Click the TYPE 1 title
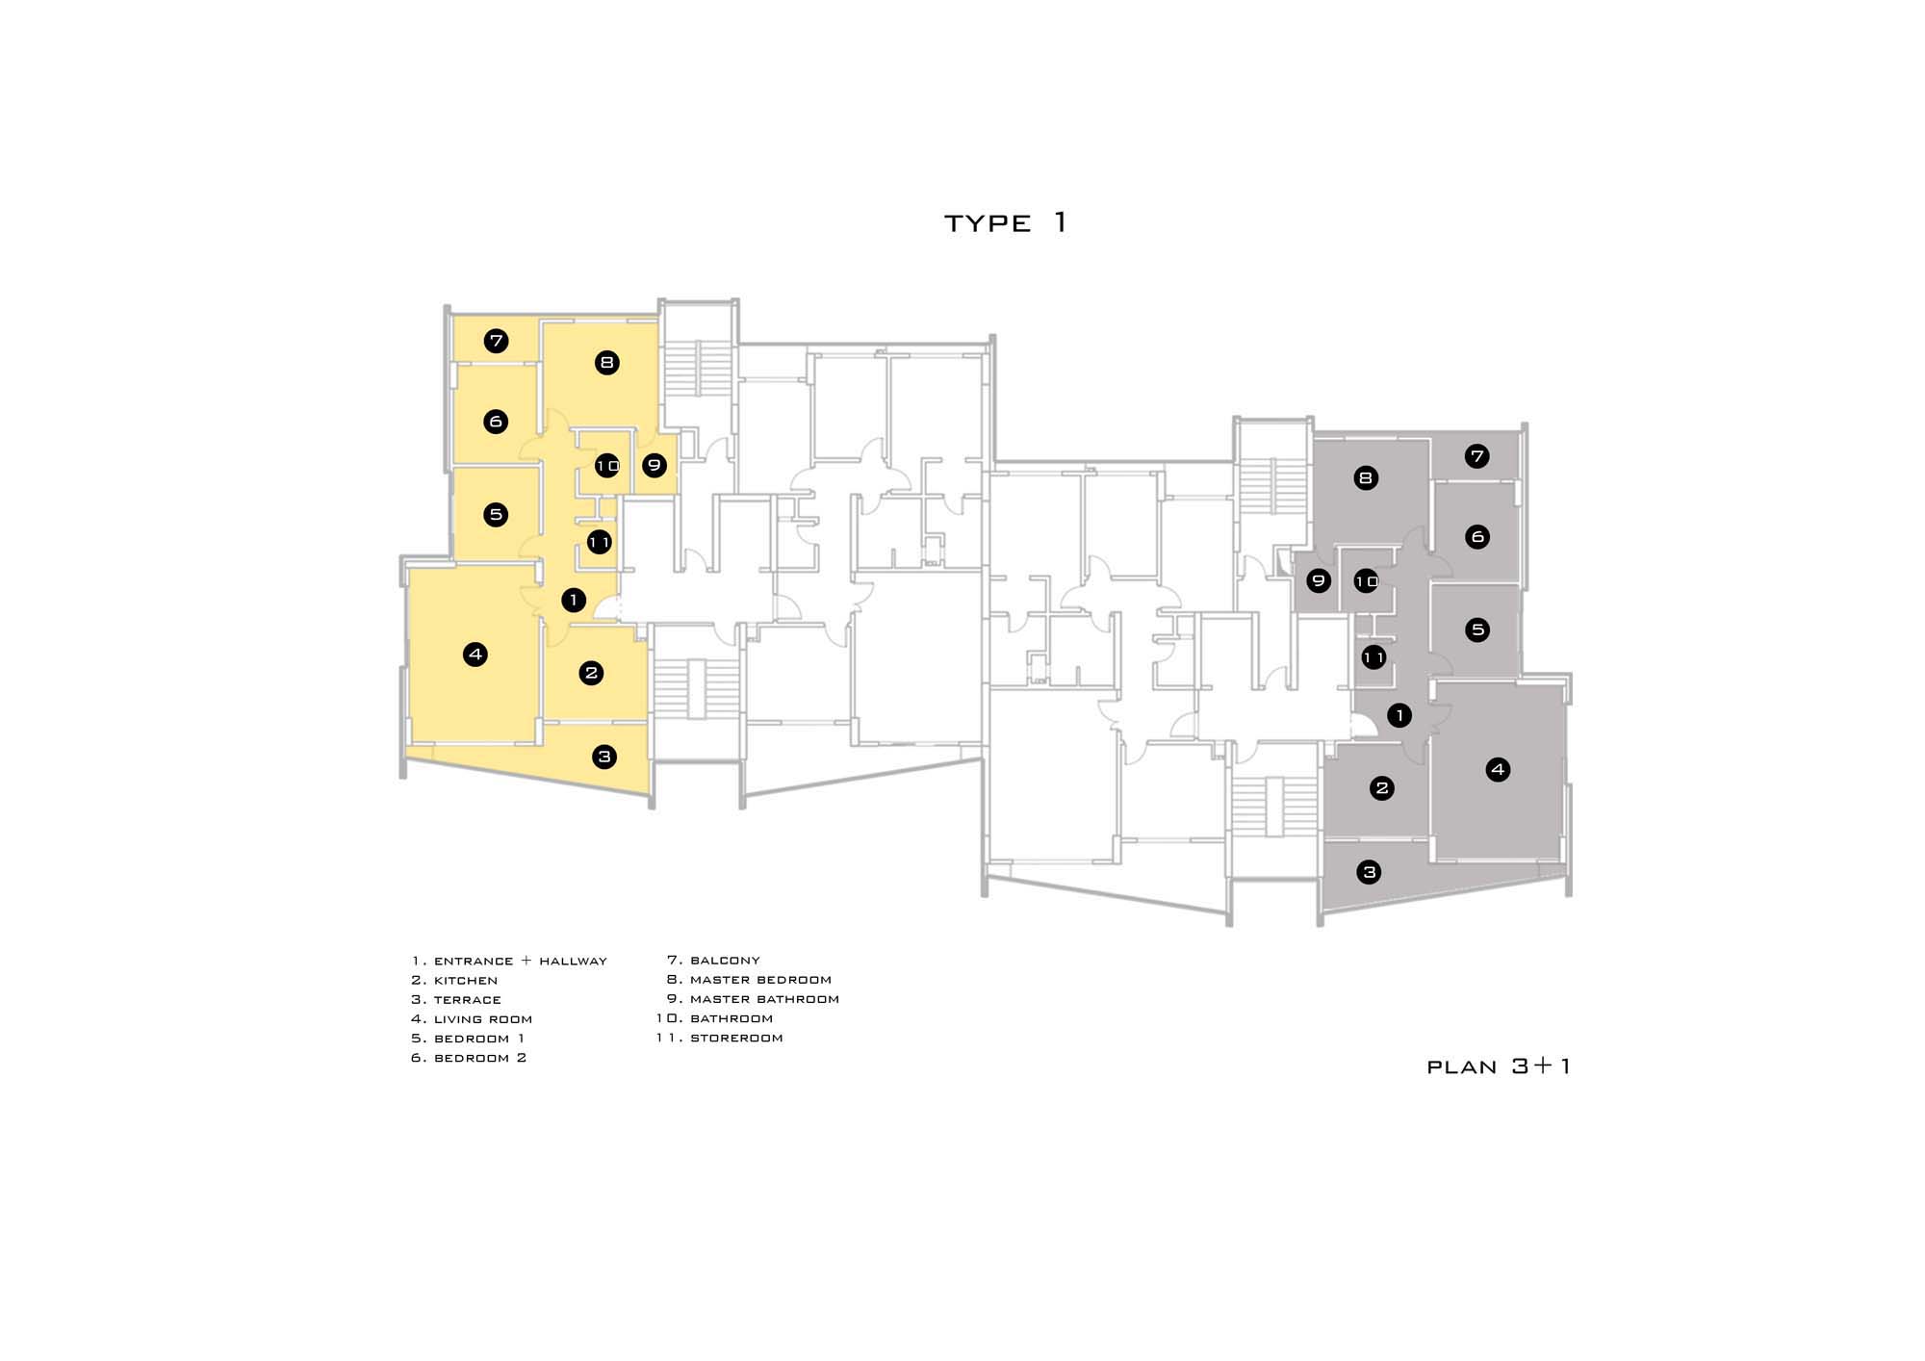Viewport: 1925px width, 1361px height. pos(1005,223)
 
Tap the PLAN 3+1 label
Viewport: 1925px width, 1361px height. pos(1499,1066)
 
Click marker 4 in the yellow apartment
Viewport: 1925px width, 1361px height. pos(475,655)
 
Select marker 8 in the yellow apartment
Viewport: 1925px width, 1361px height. pos(606,363)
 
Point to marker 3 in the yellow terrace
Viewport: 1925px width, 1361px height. pos(604,757)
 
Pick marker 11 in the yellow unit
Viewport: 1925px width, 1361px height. pos(599,543)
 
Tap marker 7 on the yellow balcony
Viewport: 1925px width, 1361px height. pos(496,341)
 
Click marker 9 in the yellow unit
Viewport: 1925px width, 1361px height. pos(654,466)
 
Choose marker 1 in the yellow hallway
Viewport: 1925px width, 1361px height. pos(574,601)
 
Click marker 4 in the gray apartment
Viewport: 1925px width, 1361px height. pos(1498,769)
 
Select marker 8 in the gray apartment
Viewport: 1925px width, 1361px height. pos(1366,477)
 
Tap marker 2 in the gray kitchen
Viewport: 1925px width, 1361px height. pos(1382,788)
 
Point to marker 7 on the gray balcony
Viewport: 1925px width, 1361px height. pos(1477,456)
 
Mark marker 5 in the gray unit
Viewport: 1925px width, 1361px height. pos(1477,630)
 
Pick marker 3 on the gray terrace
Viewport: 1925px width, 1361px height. pos(1369,873)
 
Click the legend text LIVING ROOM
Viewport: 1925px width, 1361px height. pos(483,1019)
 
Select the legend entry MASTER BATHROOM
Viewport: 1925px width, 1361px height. pos(764,999)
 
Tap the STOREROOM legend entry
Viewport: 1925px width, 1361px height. pos(736,1039)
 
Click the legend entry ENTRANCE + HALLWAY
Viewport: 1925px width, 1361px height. pos(521,962)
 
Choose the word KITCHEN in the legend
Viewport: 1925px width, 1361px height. pos(466,981)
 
